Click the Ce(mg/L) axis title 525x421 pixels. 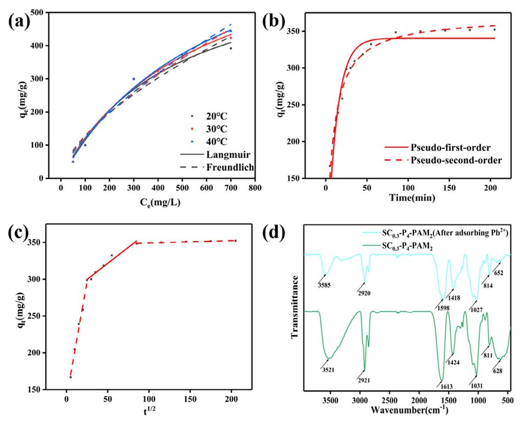[157, 202]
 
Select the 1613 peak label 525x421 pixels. [446, 386]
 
